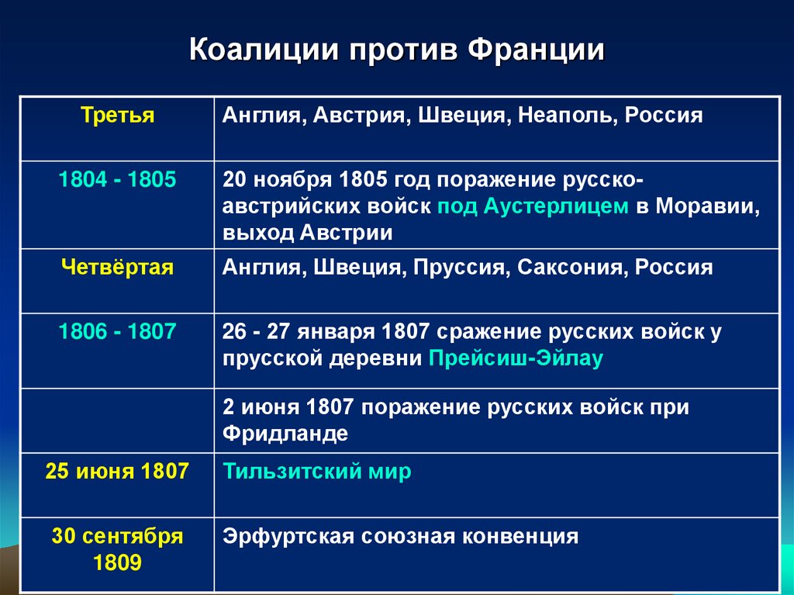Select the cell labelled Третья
tap(118, 116)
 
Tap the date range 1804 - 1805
tap(118, 180)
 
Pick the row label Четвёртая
tap(118, 268)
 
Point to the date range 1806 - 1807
tap(118, 332)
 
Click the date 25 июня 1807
tap(118, 472)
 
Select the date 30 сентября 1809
tap(118, 549)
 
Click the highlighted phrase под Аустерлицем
tap(533, 206)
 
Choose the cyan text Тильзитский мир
tap(317, 472)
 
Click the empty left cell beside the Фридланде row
tap(118, 420)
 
